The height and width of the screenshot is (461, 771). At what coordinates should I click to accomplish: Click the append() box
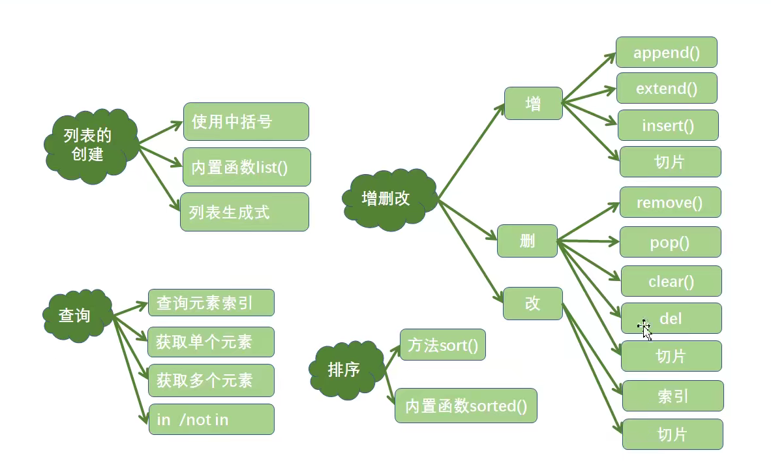pyautogui.click(x=666, y=52)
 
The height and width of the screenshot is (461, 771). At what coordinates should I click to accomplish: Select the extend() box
pyautogui.click(x=667, y=88)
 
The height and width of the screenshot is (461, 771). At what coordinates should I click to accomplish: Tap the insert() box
pyautogui.click(x=668, y=125)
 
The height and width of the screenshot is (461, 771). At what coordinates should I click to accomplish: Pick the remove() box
pyautogui.click(x=670, y=202)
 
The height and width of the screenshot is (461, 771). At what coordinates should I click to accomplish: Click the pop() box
pyautogui.click(x=670, y=242)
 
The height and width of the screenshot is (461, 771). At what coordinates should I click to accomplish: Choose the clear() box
pyautogui.click(x=671, y=281)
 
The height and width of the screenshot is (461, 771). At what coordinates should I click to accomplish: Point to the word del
pyautogui.click(x=671, y=318)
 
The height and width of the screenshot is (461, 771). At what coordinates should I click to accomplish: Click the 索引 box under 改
pyautogui.click(x=673, y=396)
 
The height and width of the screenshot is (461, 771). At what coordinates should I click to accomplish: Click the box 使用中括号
pyautogui.click(x=246, y=121)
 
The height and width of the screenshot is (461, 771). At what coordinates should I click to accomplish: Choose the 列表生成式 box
pyautogui.click(x=245, y=212)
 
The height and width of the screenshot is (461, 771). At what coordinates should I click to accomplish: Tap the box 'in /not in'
pyautogui.click(x=211, y=419)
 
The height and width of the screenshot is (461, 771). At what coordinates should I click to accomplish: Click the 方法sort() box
pyautogui.click(x=442, y=344)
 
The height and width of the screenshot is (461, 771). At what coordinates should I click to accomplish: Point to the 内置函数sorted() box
pyautogui.click(x=466, y=406)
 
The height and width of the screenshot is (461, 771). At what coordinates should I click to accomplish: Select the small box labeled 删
pyautogui.click(x=527, y=241)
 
